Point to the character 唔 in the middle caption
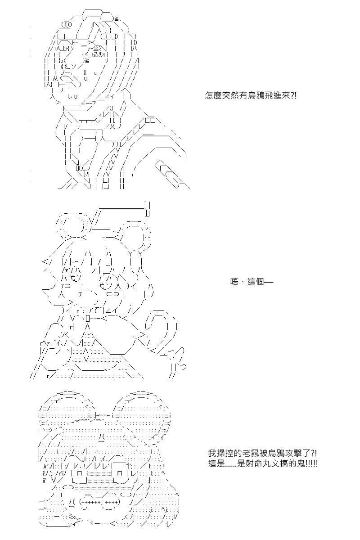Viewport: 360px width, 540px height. (x=234, y=282)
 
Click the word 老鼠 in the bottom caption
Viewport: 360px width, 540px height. (x=251, y=453)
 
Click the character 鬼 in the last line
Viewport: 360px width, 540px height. (x=301, y=463)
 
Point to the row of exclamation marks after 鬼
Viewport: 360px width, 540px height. (x=311, y=463)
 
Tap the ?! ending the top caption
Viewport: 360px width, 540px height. (x=293, y=96)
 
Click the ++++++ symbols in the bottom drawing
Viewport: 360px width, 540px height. (x=92, y=502)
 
